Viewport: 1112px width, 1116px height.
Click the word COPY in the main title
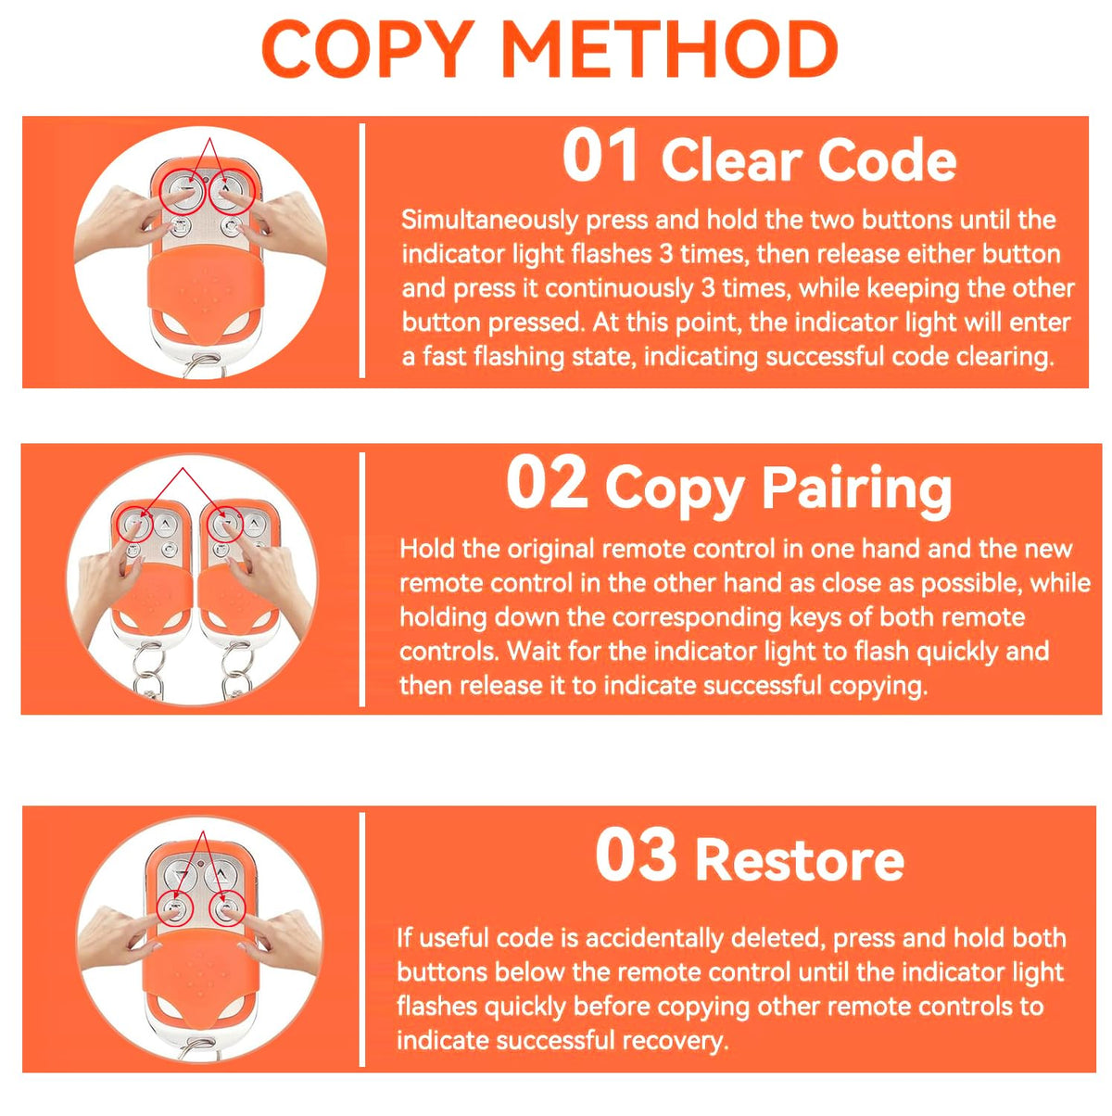[369, 49]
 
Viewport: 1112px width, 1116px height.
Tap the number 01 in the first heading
[600, 156]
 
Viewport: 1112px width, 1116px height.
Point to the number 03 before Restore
[636, 856]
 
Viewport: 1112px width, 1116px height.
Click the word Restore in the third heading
[800, 859]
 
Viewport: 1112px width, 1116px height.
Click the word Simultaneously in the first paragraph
[489, 221]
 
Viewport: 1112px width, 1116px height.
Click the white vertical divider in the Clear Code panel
[362, 251]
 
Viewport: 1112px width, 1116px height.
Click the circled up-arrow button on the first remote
[232, 191]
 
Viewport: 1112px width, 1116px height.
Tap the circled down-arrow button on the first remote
[183, 192]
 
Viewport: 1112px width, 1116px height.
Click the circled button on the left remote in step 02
[135, 526]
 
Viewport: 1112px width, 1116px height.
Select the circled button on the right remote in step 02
[225, 525]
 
